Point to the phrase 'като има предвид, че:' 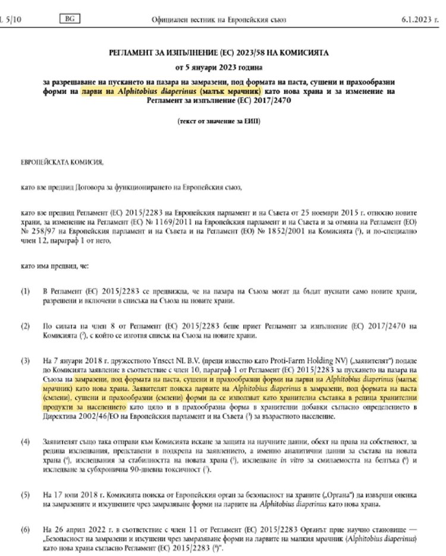[54, 265]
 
